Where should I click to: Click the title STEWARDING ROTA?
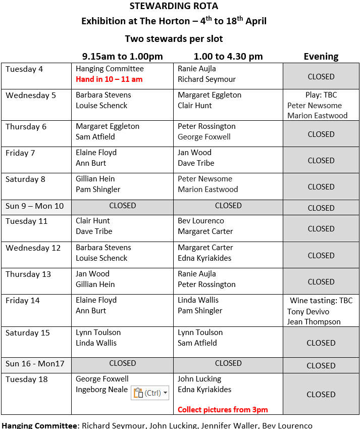click(x=174, y=7)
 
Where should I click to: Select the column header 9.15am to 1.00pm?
click(x=122, y=57)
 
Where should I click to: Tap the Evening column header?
click(x=321, y=57)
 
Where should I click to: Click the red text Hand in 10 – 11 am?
click(x=109, y=79)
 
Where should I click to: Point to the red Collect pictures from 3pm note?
click(x=223, y=409)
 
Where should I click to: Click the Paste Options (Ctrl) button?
click(x=150, y=393)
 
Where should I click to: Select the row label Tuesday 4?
click(x=24, y=69)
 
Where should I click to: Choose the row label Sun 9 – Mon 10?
click(x=35, y=206)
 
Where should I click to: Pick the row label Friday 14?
click(x=22, y=301)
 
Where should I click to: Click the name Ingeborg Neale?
click(x=101, y=390)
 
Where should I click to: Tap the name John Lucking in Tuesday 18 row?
click(x=199, y=379)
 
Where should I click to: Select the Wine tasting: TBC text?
click(x=321, y=301)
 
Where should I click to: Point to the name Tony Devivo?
click(x=308, y=311)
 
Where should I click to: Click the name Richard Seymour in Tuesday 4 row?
click(x=207, y=79)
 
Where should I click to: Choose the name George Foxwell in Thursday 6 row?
click(x=204, y=137)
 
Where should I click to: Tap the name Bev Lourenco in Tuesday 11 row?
click(x=201, y=221)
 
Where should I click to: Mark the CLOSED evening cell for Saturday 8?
click(x=321, y=187)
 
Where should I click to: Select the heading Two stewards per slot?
click(x=174, y=39)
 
